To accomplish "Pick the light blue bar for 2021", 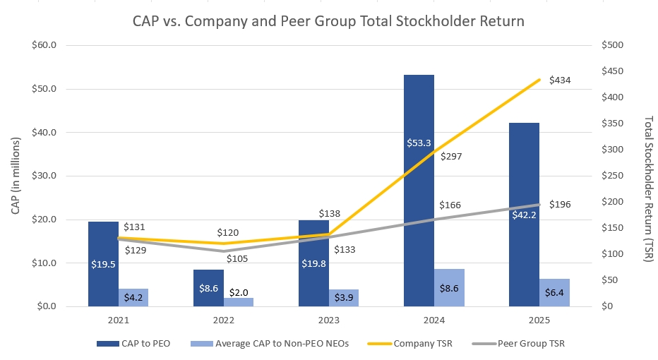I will point(133,297).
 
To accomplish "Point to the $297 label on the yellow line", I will point(450,157).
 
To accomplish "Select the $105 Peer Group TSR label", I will point(238,259).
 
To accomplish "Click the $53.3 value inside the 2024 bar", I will point(419,143).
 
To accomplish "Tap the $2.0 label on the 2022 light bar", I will point(238,292).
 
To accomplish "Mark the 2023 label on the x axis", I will point(328,320).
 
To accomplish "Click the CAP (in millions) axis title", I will point(16,176).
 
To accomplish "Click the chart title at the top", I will point(328,21).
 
